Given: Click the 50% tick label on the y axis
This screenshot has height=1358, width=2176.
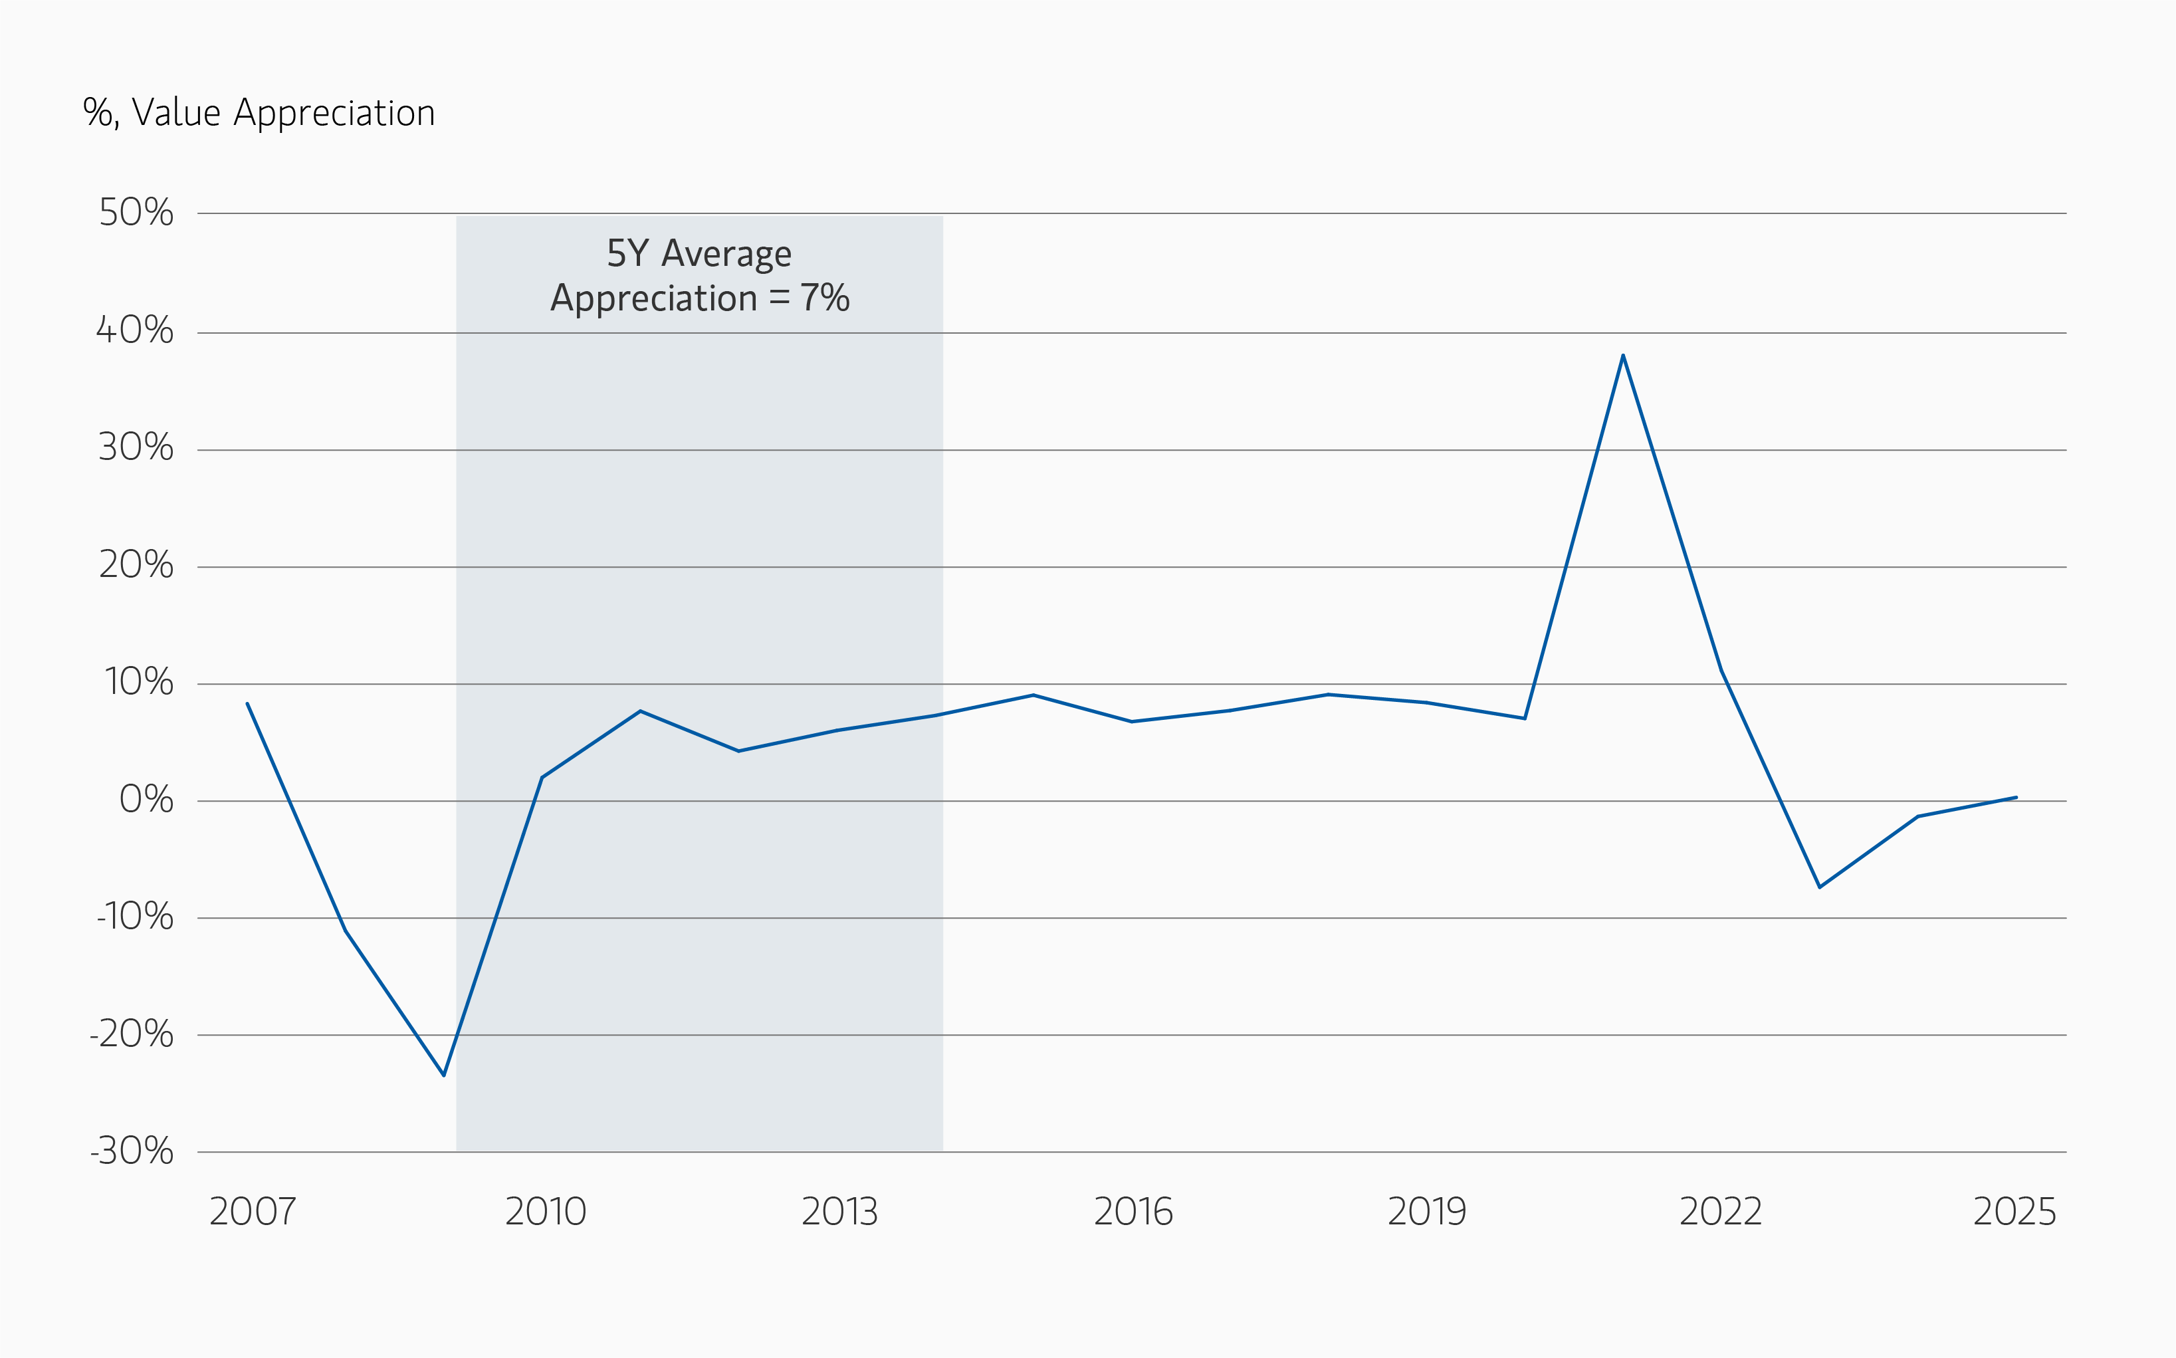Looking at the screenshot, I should pyautogui.click(x=136, y=213).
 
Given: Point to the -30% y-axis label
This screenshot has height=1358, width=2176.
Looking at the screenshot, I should pyautogui.click(x=132, y=1151).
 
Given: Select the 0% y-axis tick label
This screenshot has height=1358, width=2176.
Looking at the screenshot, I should pyautogui.click(x=146, y=800).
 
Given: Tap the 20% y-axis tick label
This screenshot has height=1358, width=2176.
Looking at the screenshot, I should pyautogui.click(x=136, y=565).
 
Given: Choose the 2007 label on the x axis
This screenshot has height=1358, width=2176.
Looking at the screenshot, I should pyautogui.click(x=253, y=1212).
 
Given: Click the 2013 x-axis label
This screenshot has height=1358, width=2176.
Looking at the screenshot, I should pyautogui.click(x=839, y=1212).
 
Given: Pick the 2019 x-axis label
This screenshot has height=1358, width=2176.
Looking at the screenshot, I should pyautogui.click(x=1426, y=1212).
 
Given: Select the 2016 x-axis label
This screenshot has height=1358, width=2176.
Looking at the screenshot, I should pyautogui.click(x=1133, y=1212).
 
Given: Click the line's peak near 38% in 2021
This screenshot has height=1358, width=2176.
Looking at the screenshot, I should pyautogui.click(x=1623, y=356).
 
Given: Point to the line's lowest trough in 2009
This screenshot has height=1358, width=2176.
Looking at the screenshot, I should pyautogui.click(x=444, y=1074).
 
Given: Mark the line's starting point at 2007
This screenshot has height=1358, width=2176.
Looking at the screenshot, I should pyautogui.click(x=248, y=704).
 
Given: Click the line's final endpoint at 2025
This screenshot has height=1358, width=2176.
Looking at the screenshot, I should pyautogui.click(x=2015, y=798).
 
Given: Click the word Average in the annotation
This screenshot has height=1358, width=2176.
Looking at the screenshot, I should pyautogui.click(x=726, y=254).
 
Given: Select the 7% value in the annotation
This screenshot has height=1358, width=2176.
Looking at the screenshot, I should pyautogui.click(x=824, y=298).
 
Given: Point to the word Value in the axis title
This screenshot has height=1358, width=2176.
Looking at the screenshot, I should pyautogui.click(x=176, y=113).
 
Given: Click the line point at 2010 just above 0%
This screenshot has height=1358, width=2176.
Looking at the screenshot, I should pyautogui.click(x=542, y=778).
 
